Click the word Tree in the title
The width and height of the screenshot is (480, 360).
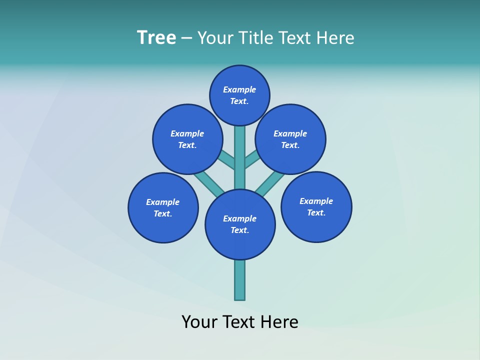[156, 37]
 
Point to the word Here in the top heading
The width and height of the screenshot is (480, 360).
[335, 37]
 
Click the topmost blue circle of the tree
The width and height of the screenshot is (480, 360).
[239, 95]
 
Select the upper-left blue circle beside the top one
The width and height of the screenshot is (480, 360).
[187, 139]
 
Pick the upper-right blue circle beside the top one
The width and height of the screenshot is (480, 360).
[290, 139]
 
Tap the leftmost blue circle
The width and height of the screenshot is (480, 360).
[163, 207]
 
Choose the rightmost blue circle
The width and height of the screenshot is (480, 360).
[316, 206]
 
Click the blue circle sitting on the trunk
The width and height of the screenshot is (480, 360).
[240, 224]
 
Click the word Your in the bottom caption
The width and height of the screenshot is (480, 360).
[199, 322]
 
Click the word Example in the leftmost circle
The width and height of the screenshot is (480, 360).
[163, 202]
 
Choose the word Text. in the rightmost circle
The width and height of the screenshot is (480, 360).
[316, 212]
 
